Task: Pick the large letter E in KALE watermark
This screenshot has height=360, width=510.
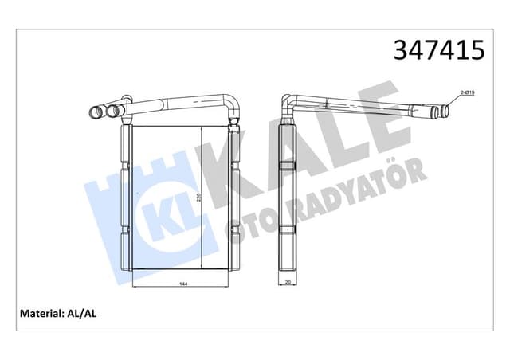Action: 375,119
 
